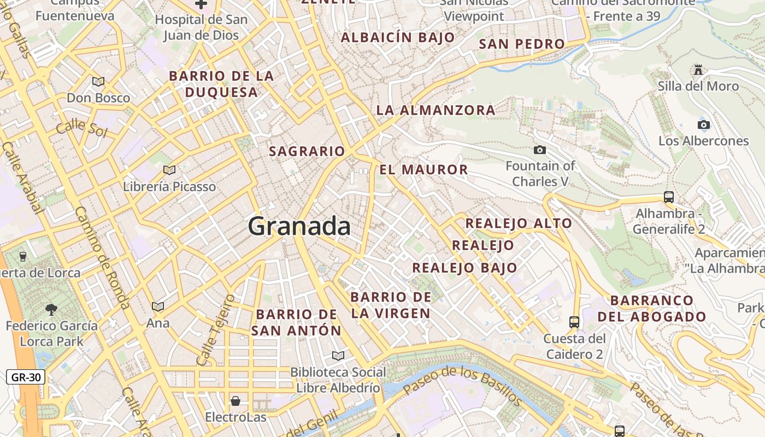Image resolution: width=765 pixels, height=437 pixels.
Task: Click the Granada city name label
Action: (x=299, y=226)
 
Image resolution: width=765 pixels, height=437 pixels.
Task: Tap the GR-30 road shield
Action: (x=26, y=377)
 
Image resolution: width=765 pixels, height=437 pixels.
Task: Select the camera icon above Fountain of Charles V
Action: (x=540, y=150)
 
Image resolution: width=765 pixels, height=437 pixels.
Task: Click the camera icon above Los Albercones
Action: (x=704, y=125)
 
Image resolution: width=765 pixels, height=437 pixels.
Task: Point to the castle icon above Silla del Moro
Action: (x=698, y=69)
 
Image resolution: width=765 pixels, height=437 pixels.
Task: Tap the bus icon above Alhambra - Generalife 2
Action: (x=668, y=197)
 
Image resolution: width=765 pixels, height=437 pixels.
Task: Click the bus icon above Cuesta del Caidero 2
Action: (x=574, y=322)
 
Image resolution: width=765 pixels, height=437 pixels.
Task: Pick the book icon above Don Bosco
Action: (x=98, y=82)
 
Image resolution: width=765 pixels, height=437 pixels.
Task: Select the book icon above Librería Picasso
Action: (x=169, y=170)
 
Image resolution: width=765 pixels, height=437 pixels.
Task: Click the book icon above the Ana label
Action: (x=158, y=307)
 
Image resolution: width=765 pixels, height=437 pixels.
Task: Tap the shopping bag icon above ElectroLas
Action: (x=236, y=401)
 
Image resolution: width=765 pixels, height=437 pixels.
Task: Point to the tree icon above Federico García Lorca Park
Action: (x=51, y=310)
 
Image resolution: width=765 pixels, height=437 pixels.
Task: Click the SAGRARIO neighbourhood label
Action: (x=307, y=151)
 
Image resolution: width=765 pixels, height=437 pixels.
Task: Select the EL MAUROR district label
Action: (x=423, y=169)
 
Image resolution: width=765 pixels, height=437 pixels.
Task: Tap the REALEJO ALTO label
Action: (x=518, y=223)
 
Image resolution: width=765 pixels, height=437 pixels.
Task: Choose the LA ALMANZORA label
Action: (x=436, y=110)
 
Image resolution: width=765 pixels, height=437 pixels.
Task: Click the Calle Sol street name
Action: (x=80, y=127)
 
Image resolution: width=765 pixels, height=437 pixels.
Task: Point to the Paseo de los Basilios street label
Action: (x=462, y=385)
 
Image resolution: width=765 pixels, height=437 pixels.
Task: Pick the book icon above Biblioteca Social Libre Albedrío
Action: (x=338, y=356)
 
